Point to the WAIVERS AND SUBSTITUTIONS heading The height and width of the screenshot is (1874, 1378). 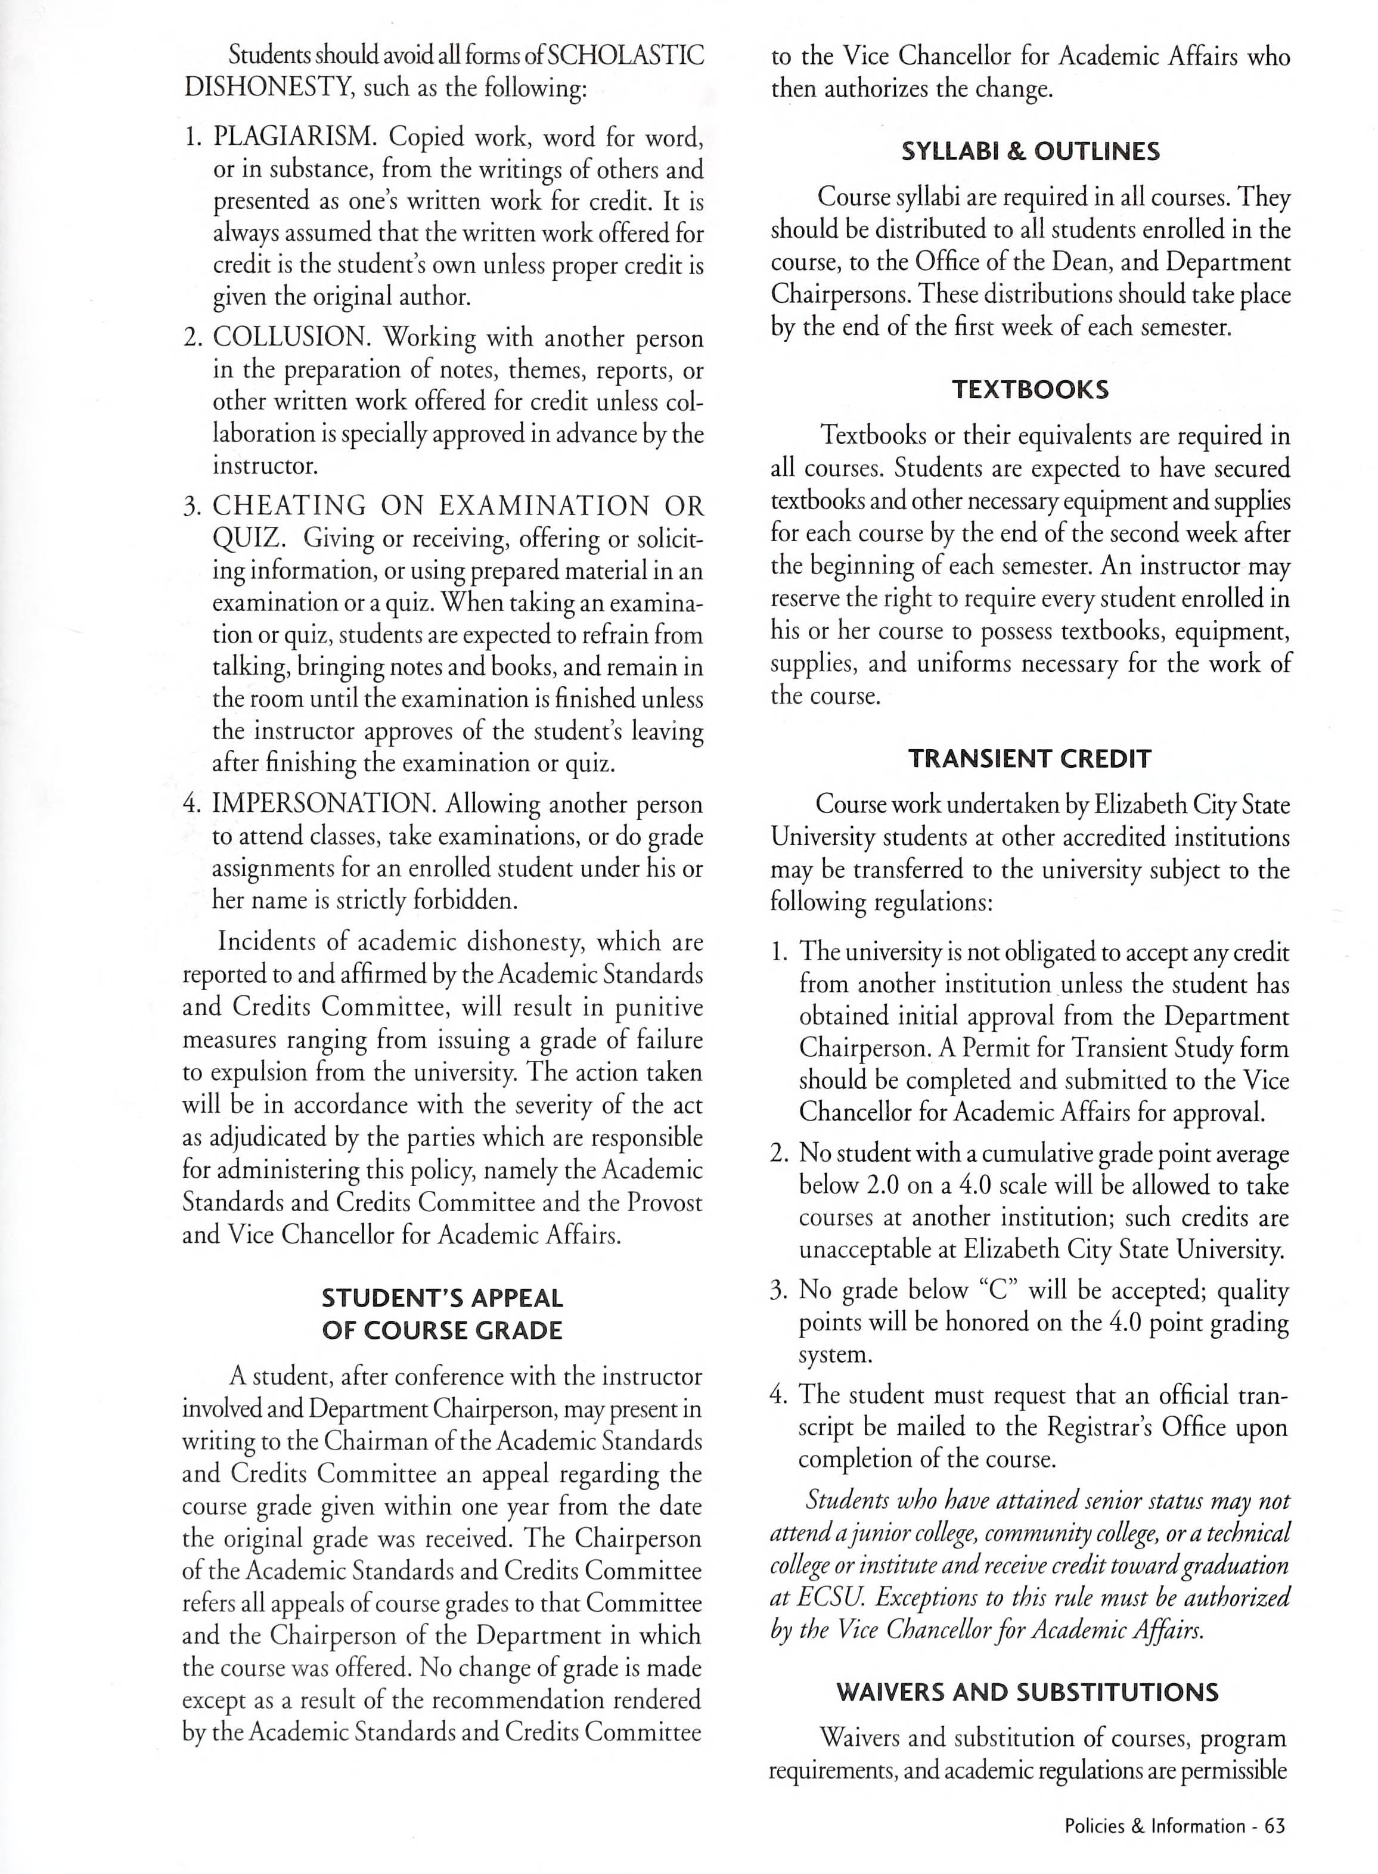(1028, 1692)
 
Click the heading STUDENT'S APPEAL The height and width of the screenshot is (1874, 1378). (442, 1299)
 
